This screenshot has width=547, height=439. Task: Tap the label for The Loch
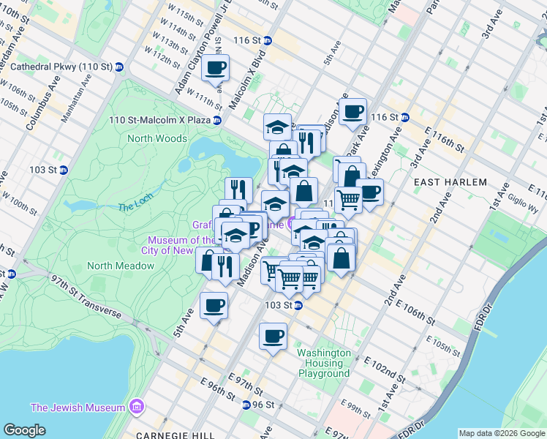(132, 206)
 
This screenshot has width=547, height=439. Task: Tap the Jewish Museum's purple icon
(135, 407)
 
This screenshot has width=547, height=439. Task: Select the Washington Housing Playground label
(324, 363)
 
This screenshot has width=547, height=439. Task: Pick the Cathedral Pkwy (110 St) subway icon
(119, 67)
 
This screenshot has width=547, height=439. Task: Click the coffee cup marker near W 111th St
(215, 69)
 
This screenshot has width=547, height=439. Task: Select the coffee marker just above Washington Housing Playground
(273, 337)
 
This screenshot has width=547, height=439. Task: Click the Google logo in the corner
(24, 430)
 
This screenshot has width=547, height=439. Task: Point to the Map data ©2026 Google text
(501, 433)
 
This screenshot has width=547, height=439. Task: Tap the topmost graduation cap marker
(277, 127)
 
